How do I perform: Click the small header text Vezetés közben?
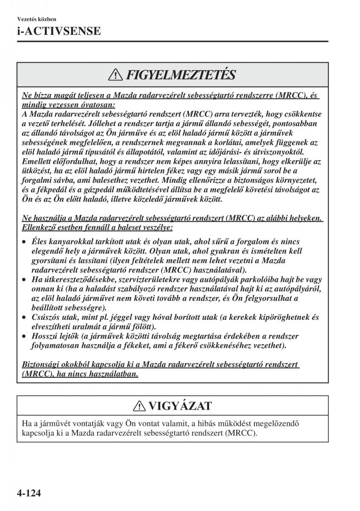37,19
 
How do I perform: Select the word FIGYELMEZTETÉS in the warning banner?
181,75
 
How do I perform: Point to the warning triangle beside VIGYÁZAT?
138,406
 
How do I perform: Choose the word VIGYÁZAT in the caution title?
180,406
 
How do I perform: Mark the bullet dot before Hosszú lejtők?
25,336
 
